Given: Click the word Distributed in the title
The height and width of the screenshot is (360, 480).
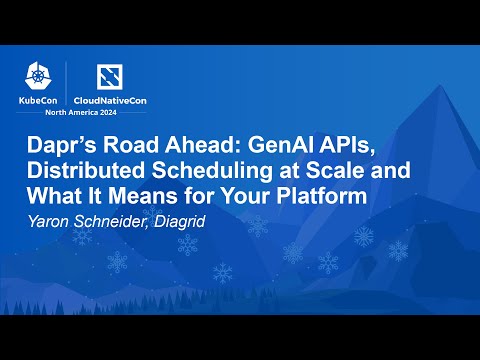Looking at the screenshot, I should pyautogui.click(x=80, y=171).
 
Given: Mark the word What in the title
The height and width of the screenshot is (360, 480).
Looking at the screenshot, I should pyautogui.click(x=48, y=196).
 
